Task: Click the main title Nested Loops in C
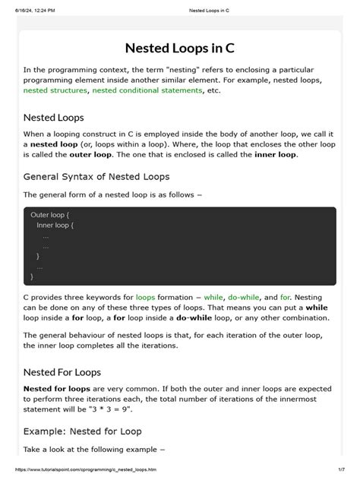point(180,47)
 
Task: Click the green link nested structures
point(55,90)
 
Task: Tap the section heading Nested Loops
point(53,118)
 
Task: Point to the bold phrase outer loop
point(90,154)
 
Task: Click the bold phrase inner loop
point(274,154)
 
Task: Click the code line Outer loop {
point(49,215)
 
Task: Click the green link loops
point(146,297)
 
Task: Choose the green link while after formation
point(213,297)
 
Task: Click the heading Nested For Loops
point(62,372)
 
